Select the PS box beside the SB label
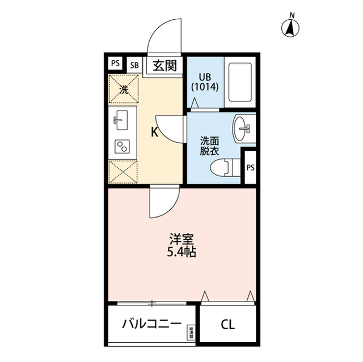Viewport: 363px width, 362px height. (x=116, y=63)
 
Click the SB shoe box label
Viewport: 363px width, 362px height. (x=134, y=64)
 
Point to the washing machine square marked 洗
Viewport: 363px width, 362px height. (x=124, y=88)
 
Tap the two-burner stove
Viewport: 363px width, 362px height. (x=123, y=146)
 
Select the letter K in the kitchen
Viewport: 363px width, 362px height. (x=154, y=133)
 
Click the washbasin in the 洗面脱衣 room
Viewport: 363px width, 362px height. (x=246, y=129)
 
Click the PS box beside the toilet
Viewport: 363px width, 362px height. (x=250, y=167)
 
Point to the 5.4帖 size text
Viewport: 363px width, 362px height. (x=181, y=253)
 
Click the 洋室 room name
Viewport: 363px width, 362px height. (x=181, y=239)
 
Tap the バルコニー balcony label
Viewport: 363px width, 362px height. (x=151, y=325)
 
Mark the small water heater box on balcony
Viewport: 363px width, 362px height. (x=191, y=333)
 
